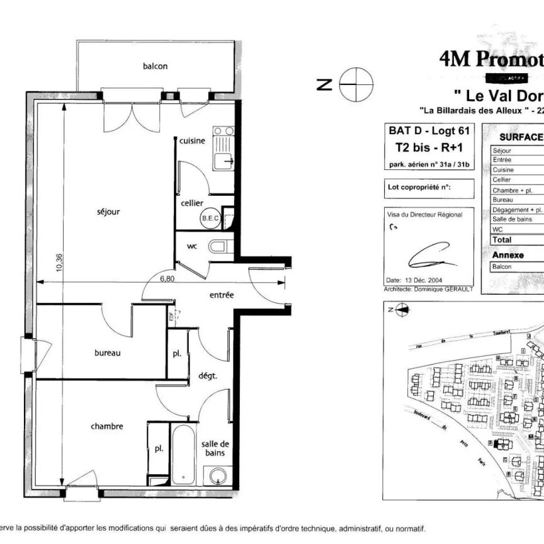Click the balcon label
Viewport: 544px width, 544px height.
(x=155, y=66)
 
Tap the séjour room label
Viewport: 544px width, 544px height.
(x=108, y=212)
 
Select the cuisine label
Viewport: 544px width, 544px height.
(x=192, y=141)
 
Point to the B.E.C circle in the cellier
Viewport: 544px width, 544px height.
(x=209, y=218)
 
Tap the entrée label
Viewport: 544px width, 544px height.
(x=222, y=295)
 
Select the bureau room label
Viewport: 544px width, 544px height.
(x=107, y=353)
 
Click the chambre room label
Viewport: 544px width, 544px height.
(x=106, y=426)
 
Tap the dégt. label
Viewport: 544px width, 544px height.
(x=207, y=376)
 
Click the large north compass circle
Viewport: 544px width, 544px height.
(x=356, y=84)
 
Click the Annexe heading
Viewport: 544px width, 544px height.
(x=507, y=255)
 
